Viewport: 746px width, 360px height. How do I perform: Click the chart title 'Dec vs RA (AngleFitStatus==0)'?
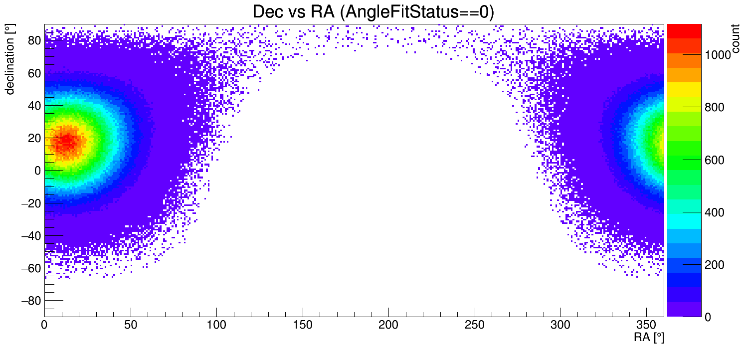[373, 12]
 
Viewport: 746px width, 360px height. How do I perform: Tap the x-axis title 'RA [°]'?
[649, 338]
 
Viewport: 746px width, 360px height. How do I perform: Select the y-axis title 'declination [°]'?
[10, 59]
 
